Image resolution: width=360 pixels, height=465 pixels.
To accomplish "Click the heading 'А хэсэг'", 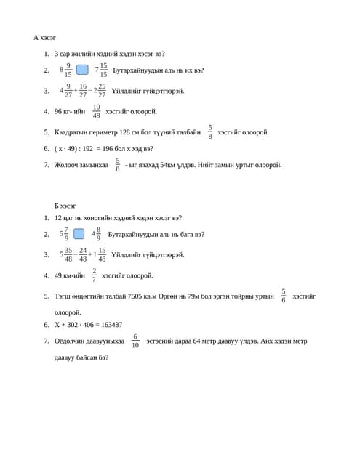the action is pos(44,37).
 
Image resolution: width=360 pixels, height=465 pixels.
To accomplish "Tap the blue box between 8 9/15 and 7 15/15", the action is pos(82,70).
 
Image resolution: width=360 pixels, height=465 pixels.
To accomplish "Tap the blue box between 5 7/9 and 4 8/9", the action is pos(79,234).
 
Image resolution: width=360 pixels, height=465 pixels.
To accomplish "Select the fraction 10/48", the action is pos(97,111).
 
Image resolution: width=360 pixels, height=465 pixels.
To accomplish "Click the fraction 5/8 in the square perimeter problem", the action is pos(210,132).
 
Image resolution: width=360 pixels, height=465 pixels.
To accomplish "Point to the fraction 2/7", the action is pos(94,275).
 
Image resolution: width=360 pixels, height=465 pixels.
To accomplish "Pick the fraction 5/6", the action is pos(284,296).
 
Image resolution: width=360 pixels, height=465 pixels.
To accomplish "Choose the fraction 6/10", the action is pos(135,341).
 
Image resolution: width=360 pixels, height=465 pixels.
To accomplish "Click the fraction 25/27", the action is pos(102,91).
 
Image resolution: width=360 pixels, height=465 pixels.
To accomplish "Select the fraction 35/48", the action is pos(68,254).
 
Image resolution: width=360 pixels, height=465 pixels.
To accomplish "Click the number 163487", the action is pos(105,325).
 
